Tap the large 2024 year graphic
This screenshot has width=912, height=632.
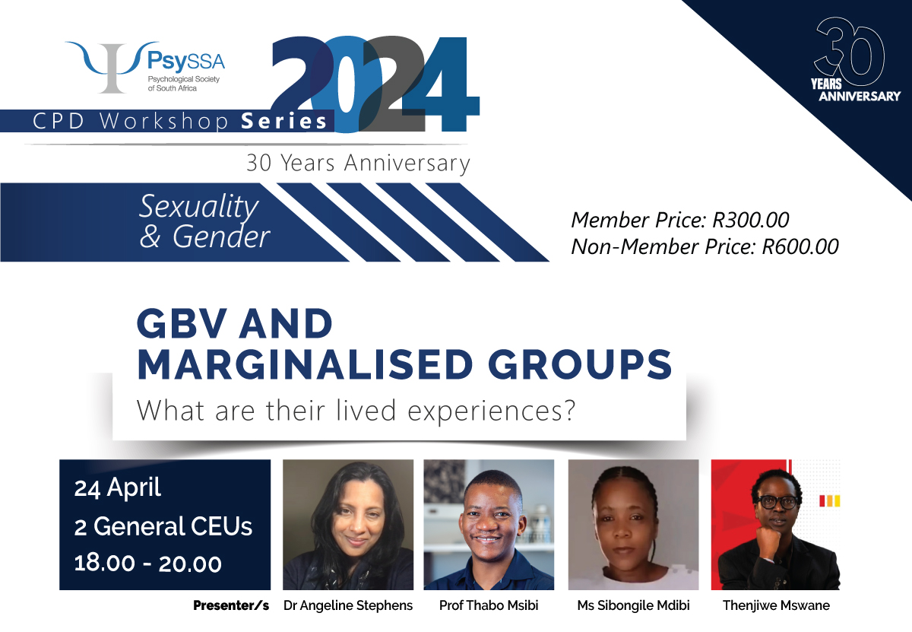[x=375, y=84]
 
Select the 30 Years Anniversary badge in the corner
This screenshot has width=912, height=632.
[x=855, y=59]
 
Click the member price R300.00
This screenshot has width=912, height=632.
[x=751, y=220]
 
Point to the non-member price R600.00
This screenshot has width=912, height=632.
[x=800, y=246]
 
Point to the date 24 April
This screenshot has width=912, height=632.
[x=118, y=487]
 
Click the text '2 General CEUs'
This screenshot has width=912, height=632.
[x=163, y=526]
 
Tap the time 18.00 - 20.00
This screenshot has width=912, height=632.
[x=147, y=564]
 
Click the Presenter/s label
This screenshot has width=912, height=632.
[x=231, y=606]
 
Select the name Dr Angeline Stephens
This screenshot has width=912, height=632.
[x=348, y=606]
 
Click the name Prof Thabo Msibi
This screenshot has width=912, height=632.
[x=489, y=605]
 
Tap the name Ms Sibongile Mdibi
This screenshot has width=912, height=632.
[x=634, y=606]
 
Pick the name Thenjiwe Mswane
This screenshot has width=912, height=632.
[x=776, y=606]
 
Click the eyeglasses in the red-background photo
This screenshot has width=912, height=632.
[x=777, y=502]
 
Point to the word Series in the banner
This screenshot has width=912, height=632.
[x=283, y=122]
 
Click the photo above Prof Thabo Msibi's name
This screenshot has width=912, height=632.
[x=489, y=525]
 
